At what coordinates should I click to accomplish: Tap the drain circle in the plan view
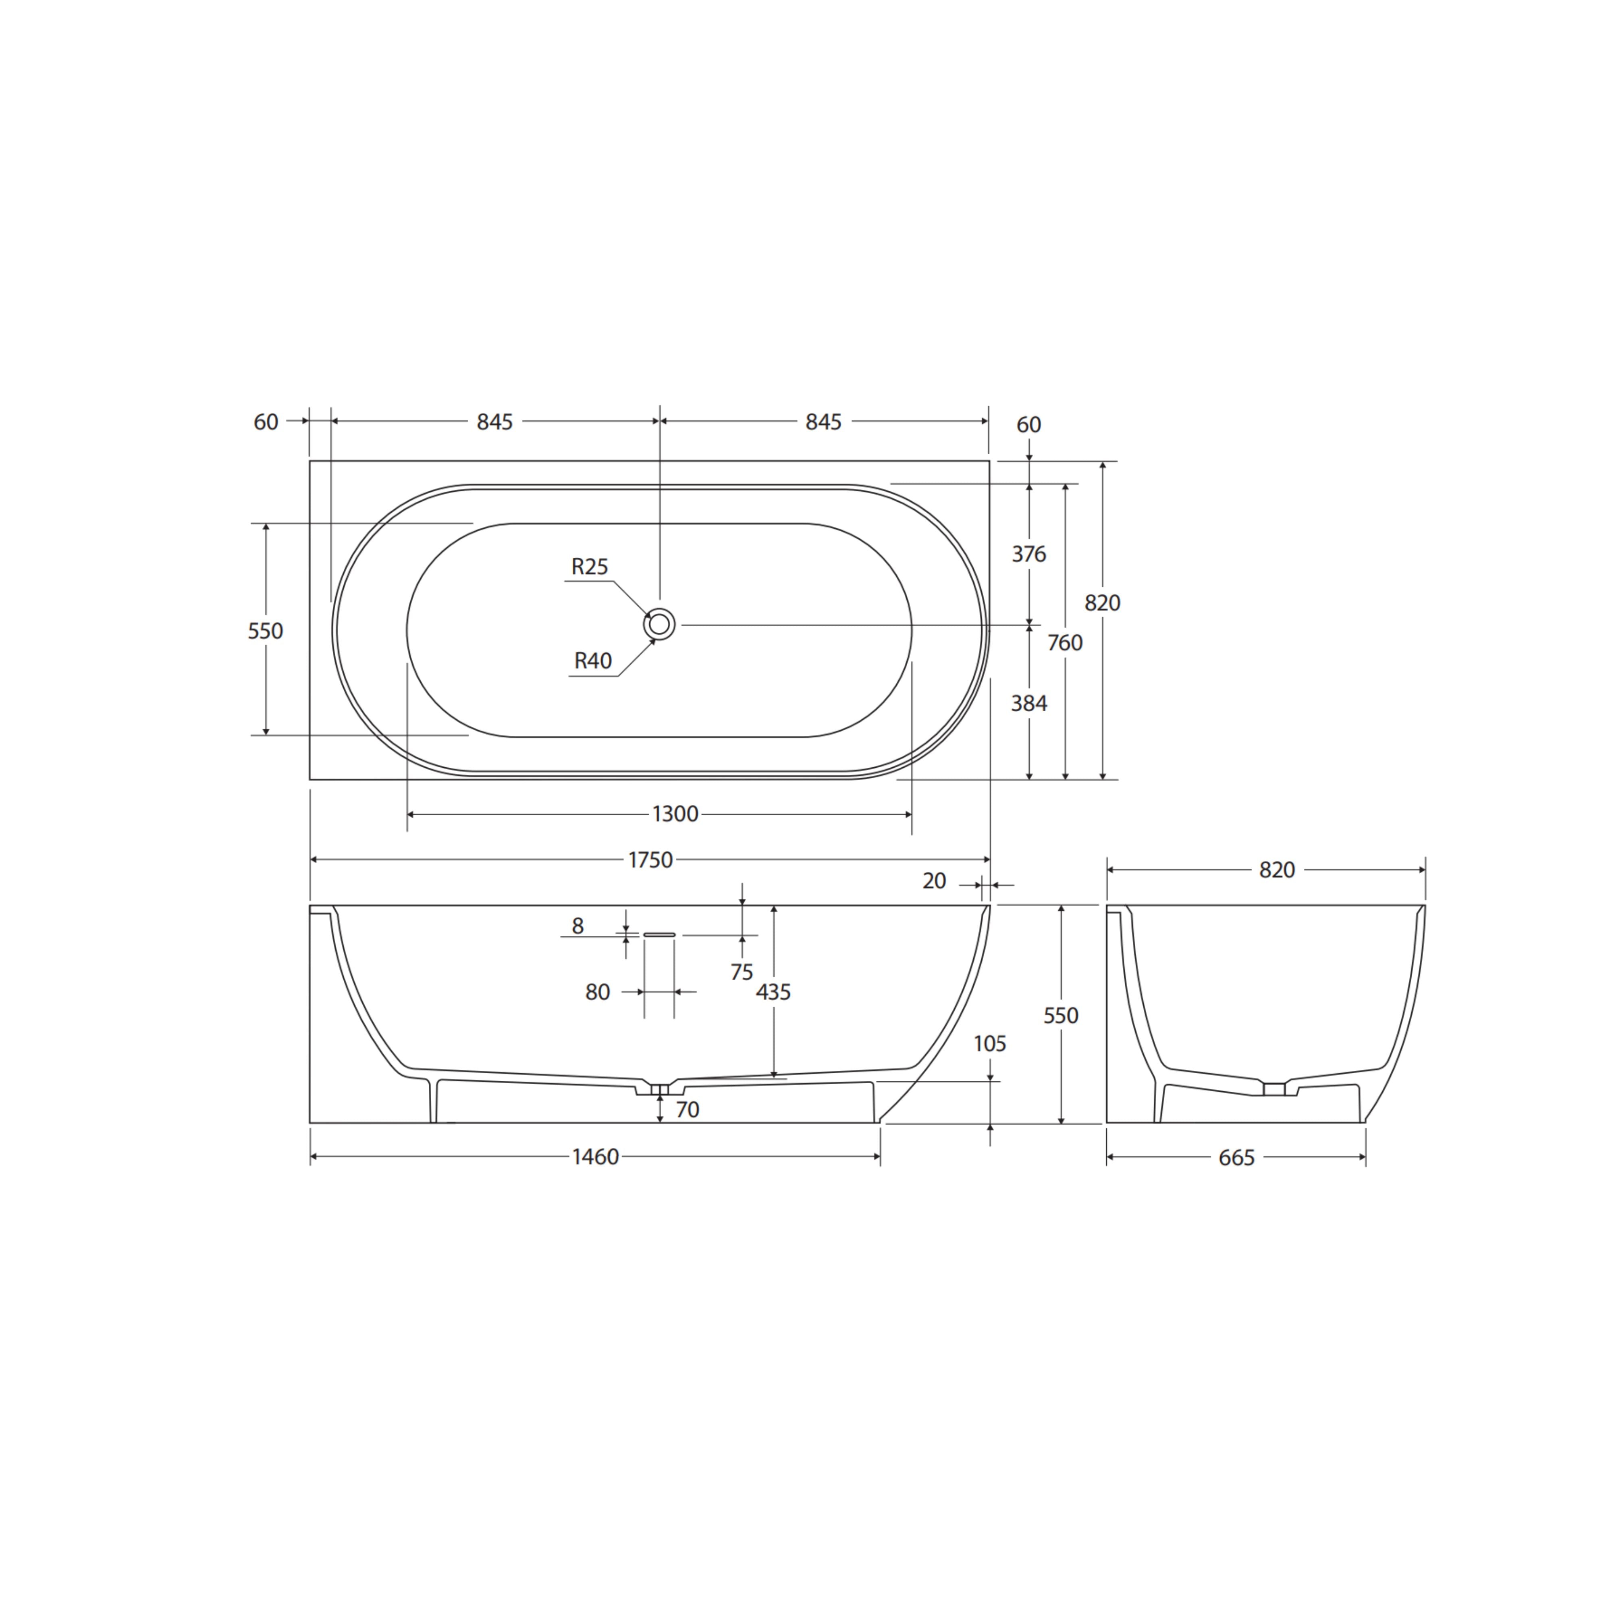point(659,624)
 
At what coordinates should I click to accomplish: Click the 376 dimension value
point(1029,554)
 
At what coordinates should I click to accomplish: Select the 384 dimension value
point(1029,703)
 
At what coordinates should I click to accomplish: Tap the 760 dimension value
point(1065,642)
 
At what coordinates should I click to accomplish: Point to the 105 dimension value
point(989,1044)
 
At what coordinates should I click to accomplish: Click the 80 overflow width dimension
point(597,992)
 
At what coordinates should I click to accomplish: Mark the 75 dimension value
point(741,972)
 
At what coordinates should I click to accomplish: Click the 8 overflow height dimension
point(577,926)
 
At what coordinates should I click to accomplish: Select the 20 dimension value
point(935,881)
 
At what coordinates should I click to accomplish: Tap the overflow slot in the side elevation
point(659,935)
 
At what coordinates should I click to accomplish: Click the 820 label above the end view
point(1277,870)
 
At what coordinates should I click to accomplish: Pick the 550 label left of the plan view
point(265,631)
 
